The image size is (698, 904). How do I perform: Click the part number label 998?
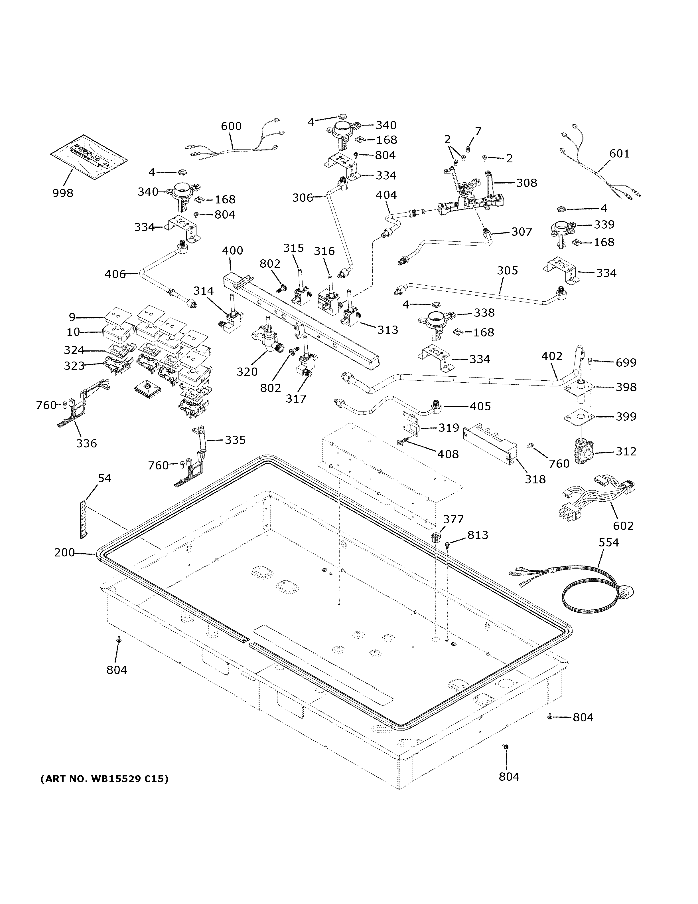pyautogui.click(x=63, y=193)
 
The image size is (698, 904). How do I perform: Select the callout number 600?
pyautogui.click(x=231, y=126)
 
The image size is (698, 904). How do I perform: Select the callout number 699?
pyautogui.click(x=626, y=363)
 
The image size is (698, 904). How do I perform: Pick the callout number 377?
pyautogui.click(x=453, y=519)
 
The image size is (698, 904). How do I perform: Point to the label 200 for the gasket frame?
pyautogui.click(x=64, y=552)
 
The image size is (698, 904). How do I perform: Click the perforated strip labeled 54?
pyautogui.click(x=84, y=519)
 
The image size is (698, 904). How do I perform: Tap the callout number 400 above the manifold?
pyautogui.click(x=232, y=251)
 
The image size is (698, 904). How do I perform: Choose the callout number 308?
pyautogui.click(x=526, y=183)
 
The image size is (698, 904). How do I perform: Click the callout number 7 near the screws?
pyautogui.click(x=478, y=132)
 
